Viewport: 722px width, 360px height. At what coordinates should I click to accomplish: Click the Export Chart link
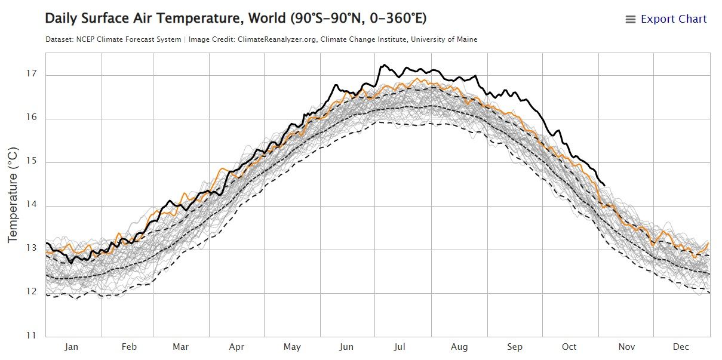pyautogui.click(x=673, y=19)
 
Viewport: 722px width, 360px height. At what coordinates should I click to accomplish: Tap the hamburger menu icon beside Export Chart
pyautogui.click(x=630, y=20)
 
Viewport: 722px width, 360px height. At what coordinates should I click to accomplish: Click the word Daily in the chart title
pyautogui.click(x=60, y=19)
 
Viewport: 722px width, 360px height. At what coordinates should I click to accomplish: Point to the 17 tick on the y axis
pyautogui.click(x=31, y=74)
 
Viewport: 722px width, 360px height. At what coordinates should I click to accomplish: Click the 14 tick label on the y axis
pyautogui.click(x=31, y=205)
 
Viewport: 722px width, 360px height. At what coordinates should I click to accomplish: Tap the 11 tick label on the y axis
pyautogui.click(x=31, y=335)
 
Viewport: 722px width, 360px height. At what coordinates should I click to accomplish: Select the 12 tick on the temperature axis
pyautogui.click(x=31, y=291)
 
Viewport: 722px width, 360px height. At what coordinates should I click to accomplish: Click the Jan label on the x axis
pyautogui.click(x=72, y=347)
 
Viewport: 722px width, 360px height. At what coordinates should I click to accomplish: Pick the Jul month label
pyautogui.click(x=401, y=347)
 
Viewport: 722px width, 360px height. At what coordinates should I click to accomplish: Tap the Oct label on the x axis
pyautogui.click(x=569, y=347)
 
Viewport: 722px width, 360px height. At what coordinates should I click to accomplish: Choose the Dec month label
pyautogui.click(x=681, y=347)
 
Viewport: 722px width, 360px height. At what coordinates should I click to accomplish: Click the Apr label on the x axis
pyautogui.click(x=236, y=347)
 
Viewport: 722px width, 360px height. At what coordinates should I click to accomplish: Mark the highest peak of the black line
pyautogui.click(x=384, y=64)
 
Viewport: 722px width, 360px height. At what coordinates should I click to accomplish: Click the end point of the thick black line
pyautogui.click(x=604, y=185)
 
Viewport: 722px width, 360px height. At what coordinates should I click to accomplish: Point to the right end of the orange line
pyautogui.click(x=708, y=242)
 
